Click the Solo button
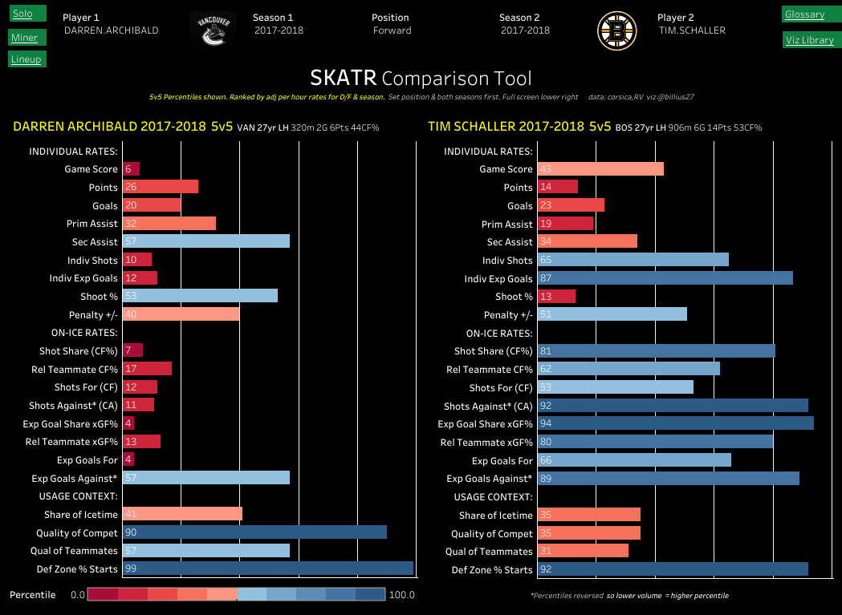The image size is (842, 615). [x=23, y=14]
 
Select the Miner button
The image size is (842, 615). [x=24, y=37]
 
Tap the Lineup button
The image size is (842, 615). [x=26, y=59]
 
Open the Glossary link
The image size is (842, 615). [x=805, y=14]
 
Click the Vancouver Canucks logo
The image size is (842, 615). [x=214, y=30]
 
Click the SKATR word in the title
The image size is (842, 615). [x=343, y=78]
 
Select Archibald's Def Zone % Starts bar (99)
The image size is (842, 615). [x=267, y=568]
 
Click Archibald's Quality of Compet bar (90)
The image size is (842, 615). [x=254, y=532]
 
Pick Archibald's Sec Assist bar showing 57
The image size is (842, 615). [x=205, y=241]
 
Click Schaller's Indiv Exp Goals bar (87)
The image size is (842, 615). [x=665, y=278]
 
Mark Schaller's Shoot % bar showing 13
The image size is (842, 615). [x=556, y=297]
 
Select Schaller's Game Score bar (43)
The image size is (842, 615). [x=600, y=169]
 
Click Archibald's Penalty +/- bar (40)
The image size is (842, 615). [x=181, y=314]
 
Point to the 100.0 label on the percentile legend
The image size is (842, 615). [x=401, y=595]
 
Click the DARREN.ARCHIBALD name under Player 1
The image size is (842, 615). [x=111, y=30]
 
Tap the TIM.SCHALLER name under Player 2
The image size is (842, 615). [x=691, y=30]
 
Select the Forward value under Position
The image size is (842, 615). [x=392, y=30]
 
